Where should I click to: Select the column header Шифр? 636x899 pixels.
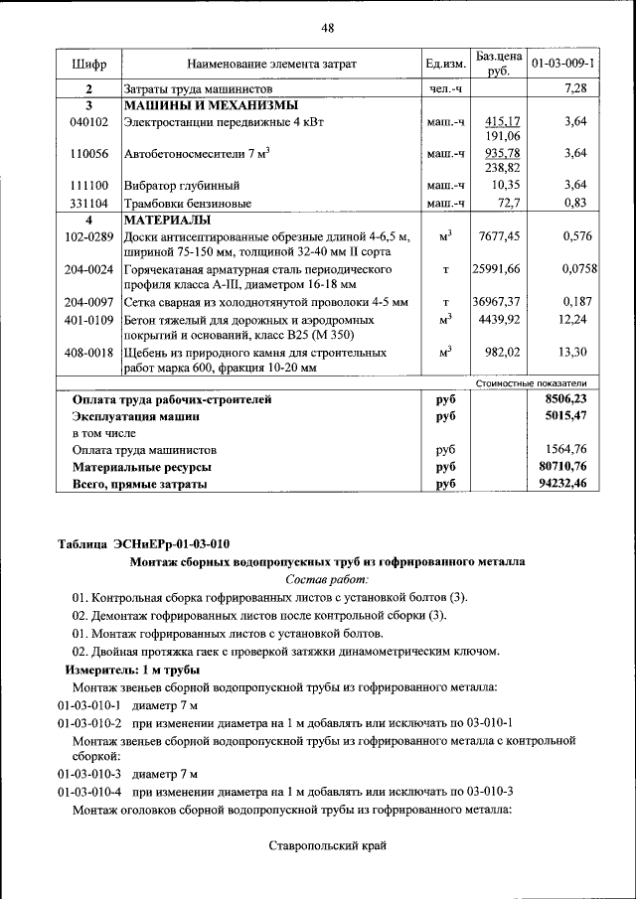(x=88, y=65)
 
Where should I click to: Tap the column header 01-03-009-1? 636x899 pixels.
(x=563, y=65)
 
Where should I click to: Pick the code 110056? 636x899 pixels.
(x=88, y=154)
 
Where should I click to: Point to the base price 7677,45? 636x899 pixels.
(x=499, y=236)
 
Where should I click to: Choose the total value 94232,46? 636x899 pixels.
(x=560, y=484)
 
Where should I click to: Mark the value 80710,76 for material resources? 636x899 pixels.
(x=560, y=466)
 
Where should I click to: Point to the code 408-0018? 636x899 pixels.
(x=88, y=352)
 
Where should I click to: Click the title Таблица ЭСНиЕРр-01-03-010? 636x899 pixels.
(x=143, y=543)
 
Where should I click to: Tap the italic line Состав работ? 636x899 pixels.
(x=327, y=578)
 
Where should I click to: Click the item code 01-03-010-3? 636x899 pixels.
(x=88, y=774)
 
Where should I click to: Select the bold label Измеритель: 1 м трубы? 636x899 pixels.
(x=133, y=671)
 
